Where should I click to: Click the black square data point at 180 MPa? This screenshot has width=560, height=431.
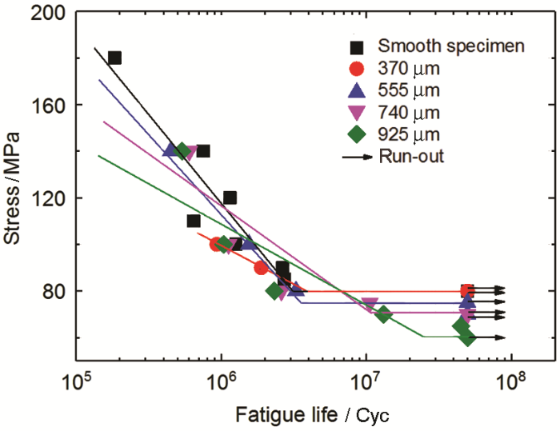[x=114, y=58]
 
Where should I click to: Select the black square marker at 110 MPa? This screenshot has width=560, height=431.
[x=194, y=221]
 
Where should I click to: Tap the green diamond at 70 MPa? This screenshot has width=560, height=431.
[x=383, y=314]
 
